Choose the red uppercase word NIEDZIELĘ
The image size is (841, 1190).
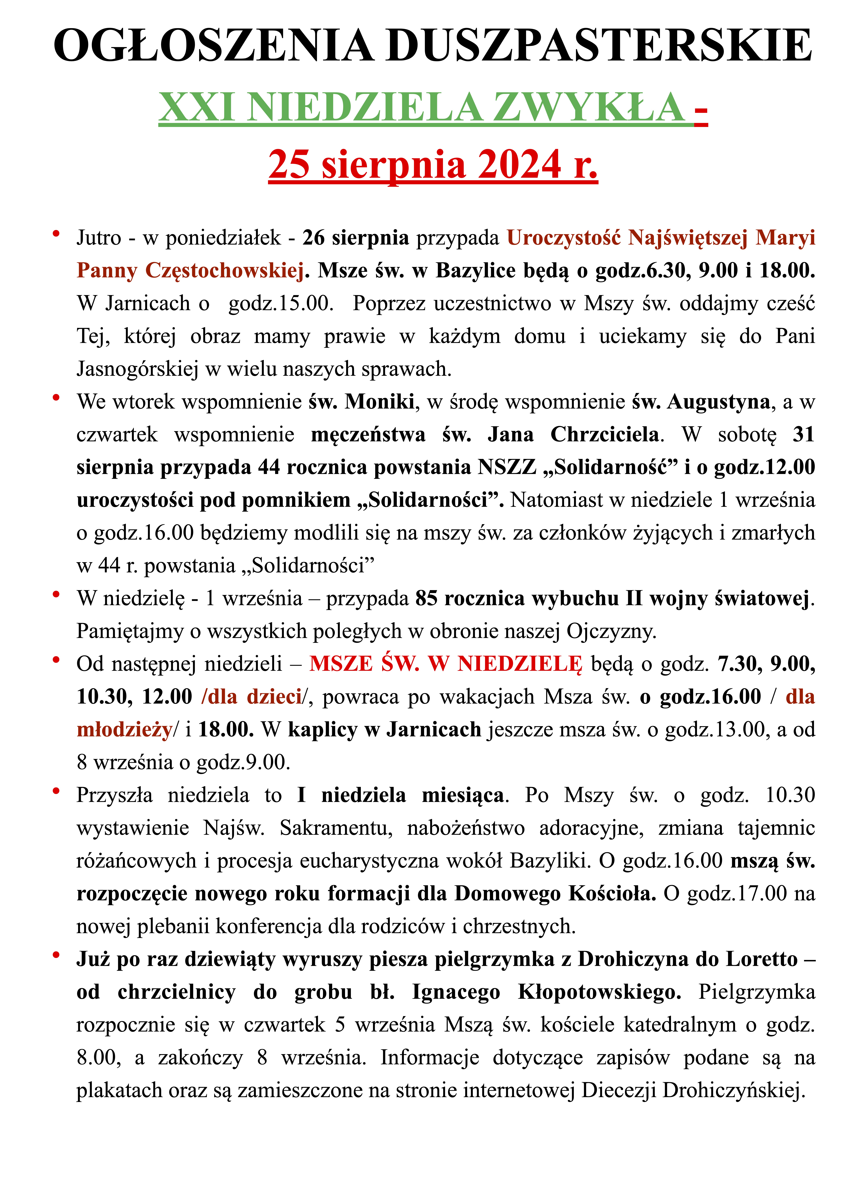point(520,664)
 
